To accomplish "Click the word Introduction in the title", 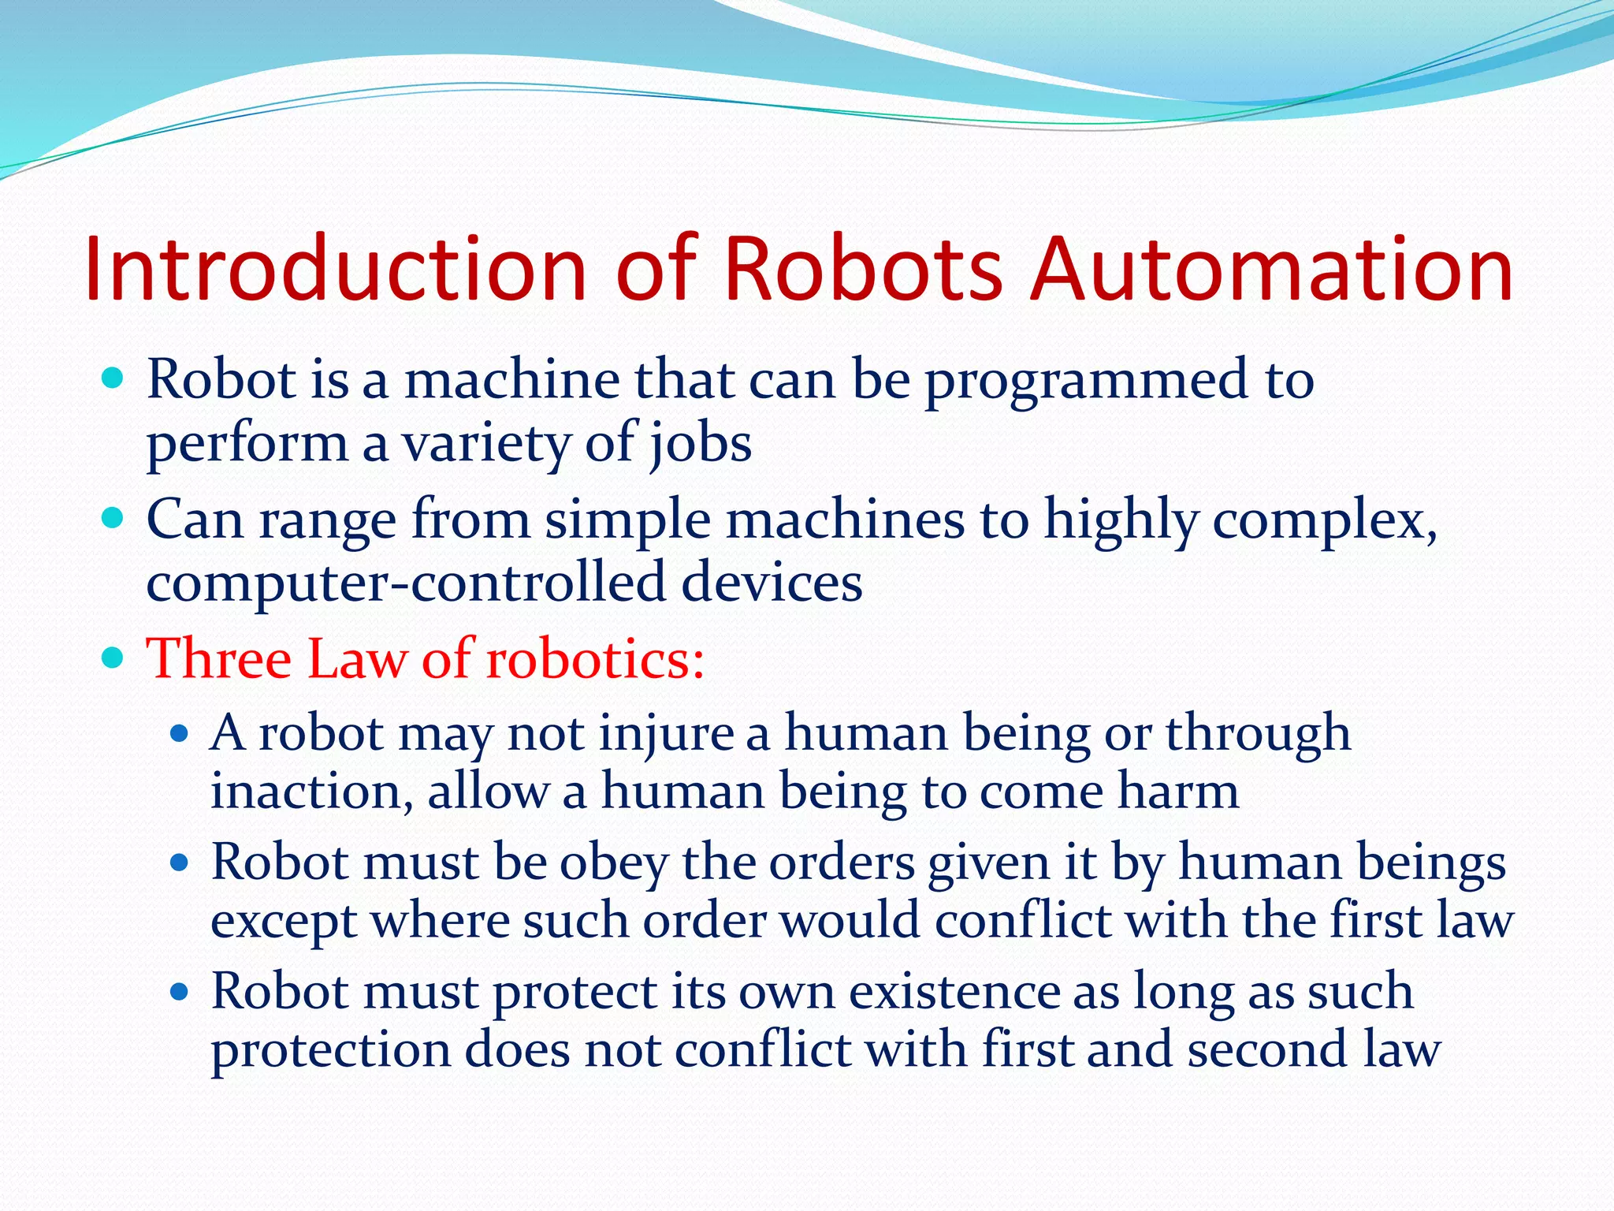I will (x=335, y=269).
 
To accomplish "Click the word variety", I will (x=486, y=445).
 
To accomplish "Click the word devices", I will (x=772, y=583).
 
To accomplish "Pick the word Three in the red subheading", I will (x=218, y=658).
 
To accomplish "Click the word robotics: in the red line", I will (x=595, y=658).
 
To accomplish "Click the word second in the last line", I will (x=1266, y=1050).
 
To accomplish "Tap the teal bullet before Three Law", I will (x=113, y=658).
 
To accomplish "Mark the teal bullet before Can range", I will (x=113, y=519).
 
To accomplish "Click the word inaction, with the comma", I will (x=312, y=792).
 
